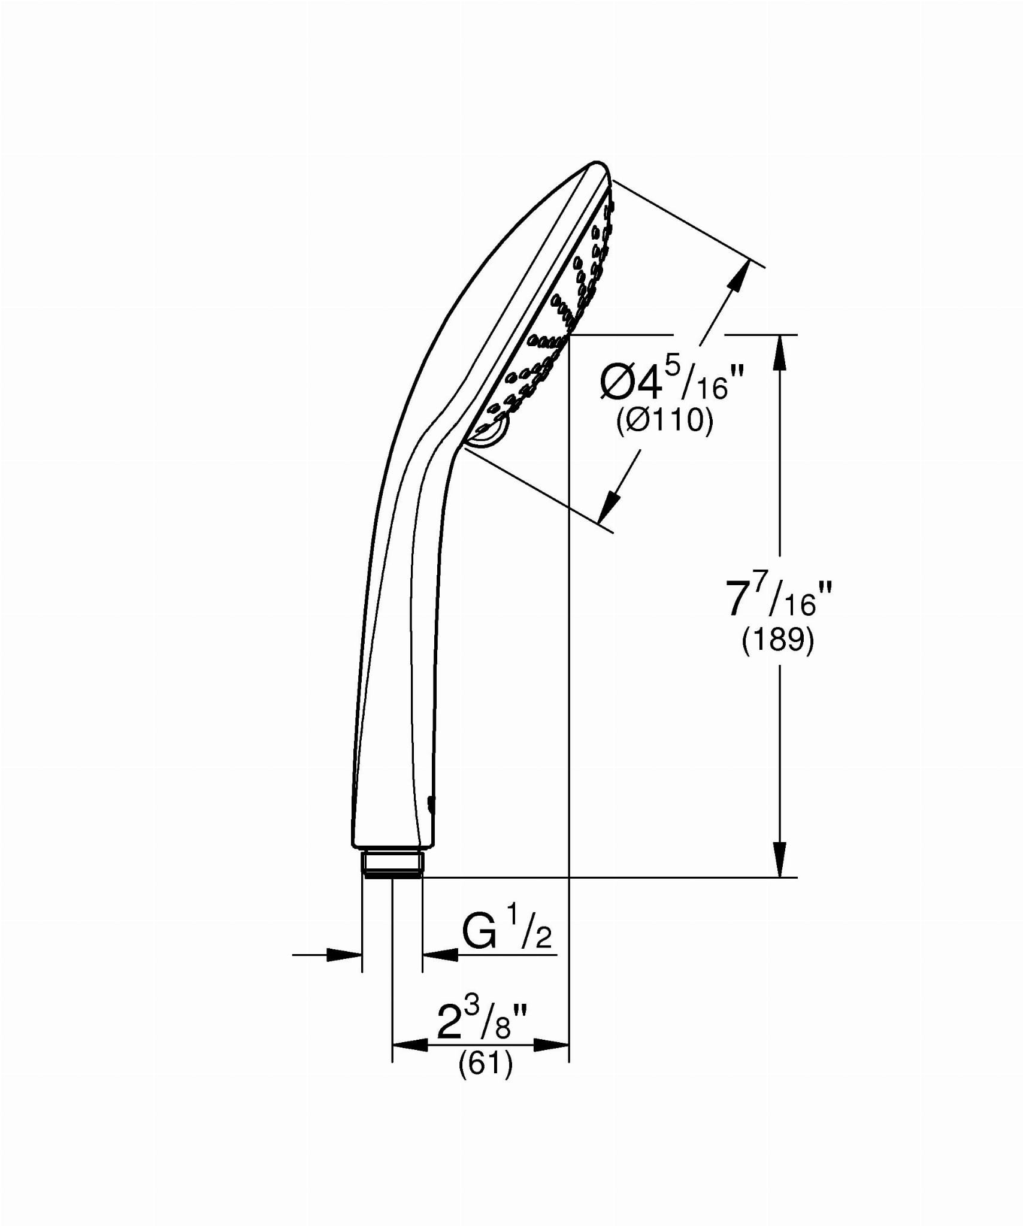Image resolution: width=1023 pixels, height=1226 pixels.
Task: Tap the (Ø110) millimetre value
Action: [665, 422]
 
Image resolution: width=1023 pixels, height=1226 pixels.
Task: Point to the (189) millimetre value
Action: [778, 641]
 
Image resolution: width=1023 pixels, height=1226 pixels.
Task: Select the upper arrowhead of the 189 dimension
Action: [779, 353]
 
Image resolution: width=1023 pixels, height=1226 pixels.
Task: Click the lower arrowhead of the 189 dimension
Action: [779, 859]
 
